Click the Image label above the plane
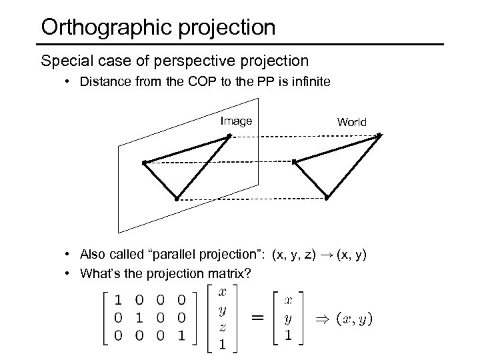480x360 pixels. tap(236, 121)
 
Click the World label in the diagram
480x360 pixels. tap(351, 122)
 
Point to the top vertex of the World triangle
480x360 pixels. tap(379, 136)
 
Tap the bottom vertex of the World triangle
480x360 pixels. tap(327, 198)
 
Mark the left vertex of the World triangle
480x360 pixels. tap(295, 161)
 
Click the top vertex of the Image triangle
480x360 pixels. tap(229, 136)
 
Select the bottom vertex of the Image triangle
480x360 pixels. tap(176, 199)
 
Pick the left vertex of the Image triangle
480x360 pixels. tap(144, 162)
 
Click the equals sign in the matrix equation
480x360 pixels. tap(257, 319)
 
